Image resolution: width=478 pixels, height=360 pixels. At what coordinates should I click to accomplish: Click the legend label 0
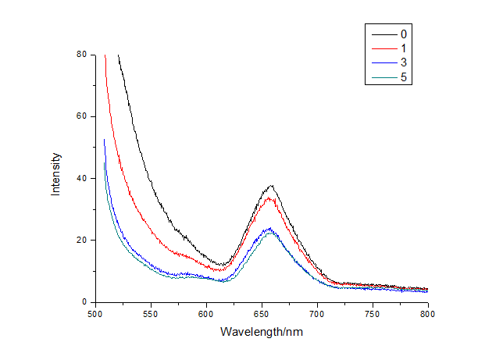pos(403,34)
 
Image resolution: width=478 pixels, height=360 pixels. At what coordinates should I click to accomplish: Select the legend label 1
pos(403,48)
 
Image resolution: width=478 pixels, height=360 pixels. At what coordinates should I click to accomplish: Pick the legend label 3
pos(403,62)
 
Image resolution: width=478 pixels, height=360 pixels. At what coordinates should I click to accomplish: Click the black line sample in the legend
pos(383,34)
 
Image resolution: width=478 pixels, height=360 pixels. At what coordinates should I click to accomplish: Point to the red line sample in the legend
pos(383,48)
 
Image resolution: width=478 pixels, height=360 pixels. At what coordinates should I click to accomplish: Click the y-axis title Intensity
pos(56,178)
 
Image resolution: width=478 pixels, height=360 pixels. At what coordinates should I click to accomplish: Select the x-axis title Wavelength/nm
pos(261,331)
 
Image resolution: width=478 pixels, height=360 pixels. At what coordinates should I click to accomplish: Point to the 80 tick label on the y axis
pos(81,55)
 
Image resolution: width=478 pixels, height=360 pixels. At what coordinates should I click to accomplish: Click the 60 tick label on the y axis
pos(81,116)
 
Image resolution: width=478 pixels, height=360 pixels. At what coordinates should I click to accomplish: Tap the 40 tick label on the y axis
pos(81,178)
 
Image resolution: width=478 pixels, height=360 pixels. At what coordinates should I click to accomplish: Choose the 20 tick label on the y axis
pos(81,240)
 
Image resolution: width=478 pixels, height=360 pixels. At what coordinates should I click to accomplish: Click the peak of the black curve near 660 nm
pos(271,186)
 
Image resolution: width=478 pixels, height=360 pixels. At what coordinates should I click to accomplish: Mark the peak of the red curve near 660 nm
pos(270,198)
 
